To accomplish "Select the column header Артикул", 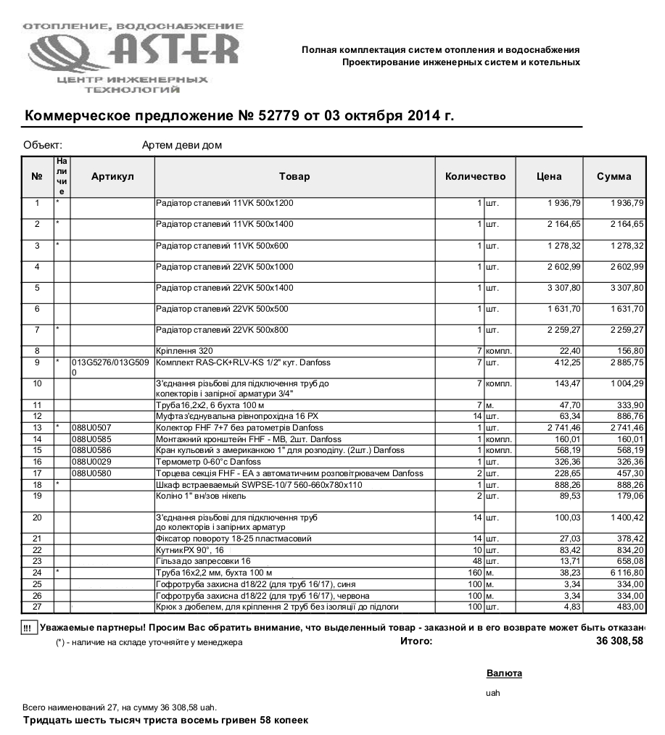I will tap(112, 176).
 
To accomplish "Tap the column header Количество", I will tap(475, 176).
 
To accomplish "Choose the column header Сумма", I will tap(614, 176).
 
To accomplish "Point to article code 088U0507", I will tap(91, 428).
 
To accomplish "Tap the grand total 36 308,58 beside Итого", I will tap(619, 641).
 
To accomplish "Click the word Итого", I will tap(416, 641).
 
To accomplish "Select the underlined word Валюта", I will tap(504, 673).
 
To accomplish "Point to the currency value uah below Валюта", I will tap(493, 692).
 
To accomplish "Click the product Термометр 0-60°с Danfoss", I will tap(210, 462).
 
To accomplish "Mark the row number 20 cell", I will tap(37, 518).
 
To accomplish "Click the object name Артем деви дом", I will tap(182, 145).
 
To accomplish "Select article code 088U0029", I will tap(91, 462).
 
